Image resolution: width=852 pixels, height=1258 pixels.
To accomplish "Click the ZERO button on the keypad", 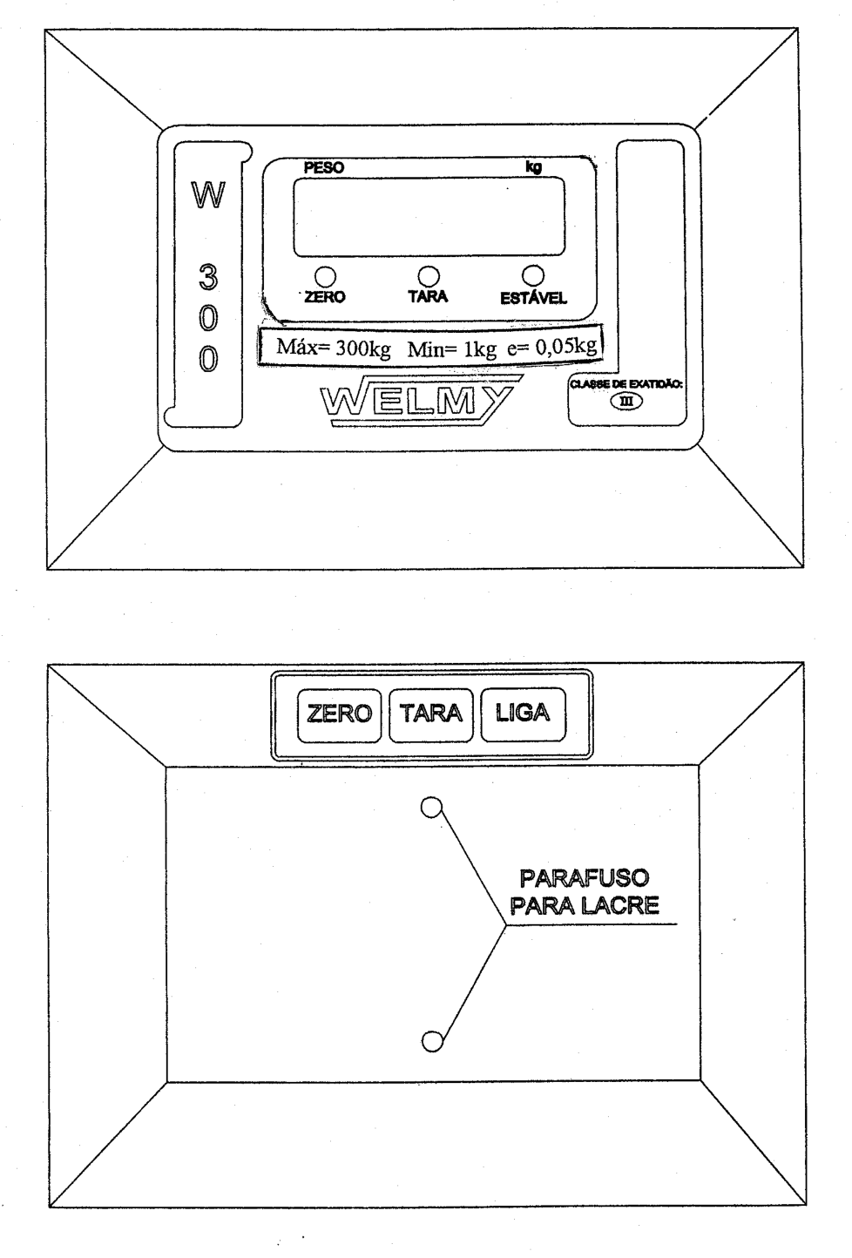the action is (x=339, y=715).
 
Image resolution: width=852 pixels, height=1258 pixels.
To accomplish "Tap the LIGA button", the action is (x=523, y=714).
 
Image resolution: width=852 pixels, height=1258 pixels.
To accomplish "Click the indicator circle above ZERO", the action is (x=325, y=277).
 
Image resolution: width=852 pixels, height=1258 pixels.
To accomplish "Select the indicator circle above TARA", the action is (x=429, y=276).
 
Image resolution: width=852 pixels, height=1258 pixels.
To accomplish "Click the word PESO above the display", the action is (x=324, y=168).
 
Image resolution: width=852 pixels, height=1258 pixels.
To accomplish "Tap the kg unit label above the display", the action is (x=533, y=166).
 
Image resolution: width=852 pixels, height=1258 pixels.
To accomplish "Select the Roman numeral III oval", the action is (x=626, y=402).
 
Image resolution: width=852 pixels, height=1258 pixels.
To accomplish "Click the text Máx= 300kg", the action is (x=334, y=348).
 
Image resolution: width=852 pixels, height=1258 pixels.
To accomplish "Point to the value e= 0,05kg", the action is (x=551, y=347).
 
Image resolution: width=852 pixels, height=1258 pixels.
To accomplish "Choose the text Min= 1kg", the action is (x=452, y=349).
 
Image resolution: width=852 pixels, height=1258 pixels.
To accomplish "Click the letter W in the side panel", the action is (x=208, y=195).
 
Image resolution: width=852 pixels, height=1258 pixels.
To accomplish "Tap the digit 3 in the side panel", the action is (x=208, y=279).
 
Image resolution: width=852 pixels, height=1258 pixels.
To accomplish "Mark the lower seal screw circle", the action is (x=432, y=1041).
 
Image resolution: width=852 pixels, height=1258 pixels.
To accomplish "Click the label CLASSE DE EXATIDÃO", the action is (x=626, y=385).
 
